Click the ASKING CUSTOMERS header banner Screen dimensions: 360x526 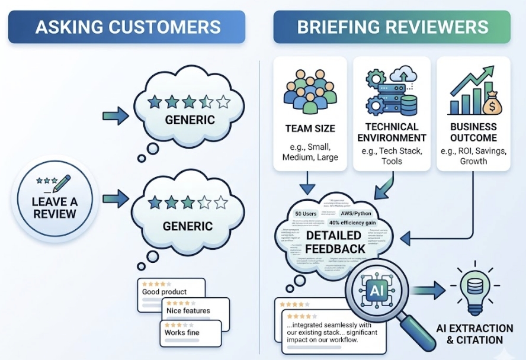point(127,27)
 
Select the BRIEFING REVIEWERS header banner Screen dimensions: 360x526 point(392,27)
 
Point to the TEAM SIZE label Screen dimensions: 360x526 point(310,128)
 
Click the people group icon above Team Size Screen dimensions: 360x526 point(310,92)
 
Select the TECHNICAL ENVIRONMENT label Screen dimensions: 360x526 point(392,133)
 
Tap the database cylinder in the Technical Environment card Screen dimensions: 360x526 point(409,105)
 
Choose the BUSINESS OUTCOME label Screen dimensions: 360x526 point(473,133)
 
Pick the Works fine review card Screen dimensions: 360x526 point(190,332)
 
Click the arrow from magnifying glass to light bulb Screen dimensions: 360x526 point(429,290)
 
